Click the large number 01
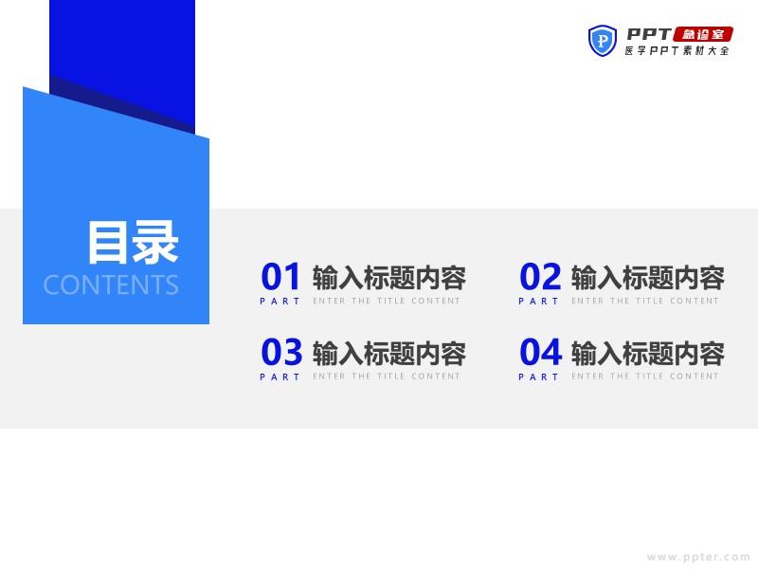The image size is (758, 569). point(280,276)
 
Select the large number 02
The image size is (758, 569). point(540,276)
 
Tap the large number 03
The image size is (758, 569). point(281,352)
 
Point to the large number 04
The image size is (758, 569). point(540,352)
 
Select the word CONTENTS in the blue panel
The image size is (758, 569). point(111,284)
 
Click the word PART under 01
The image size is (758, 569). point(280,301)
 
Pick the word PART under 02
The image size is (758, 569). point(538,301)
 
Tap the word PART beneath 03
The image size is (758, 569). point(280,376)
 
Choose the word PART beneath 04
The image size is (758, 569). point(538,376)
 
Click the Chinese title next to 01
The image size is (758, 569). point(389,278)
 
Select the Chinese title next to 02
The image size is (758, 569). point(648,278)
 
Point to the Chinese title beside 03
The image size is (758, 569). point(389,353)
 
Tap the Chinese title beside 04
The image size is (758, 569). point(648,353)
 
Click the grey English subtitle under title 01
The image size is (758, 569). point(387,301)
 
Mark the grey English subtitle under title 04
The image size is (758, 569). point(645,376)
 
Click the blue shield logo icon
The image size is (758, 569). point(603,41)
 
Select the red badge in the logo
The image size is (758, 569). point(703,34)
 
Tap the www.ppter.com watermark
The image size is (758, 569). point(698,558)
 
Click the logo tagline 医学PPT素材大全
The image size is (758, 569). point(677,50)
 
